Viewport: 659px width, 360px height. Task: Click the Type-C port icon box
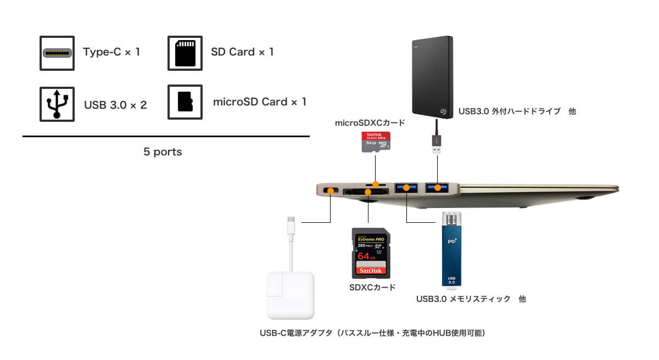57,53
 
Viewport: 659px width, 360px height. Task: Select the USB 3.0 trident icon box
57,103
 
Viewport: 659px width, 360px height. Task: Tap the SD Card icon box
185,53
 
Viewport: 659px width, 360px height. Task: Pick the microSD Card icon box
185,102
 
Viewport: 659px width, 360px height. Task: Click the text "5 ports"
163,152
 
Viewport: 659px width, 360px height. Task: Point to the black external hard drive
431,76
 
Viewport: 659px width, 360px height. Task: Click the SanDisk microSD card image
375,142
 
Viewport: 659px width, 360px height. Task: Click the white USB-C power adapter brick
291,294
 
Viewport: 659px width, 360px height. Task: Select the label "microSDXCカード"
370,123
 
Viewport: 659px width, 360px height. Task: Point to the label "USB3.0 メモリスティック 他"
471,299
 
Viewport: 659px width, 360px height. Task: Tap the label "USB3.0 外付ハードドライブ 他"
517,111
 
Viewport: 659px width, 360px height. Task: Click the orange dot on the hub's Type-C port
330,190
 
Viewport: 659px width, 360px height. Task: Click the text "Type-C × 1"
111,52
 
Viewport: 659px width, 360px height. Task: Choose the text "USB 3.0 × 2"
115,104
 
